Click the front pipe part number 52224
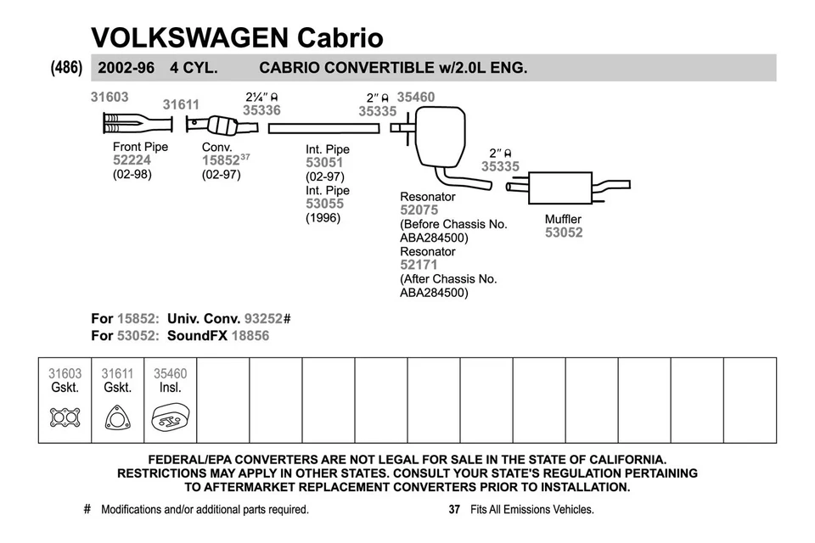tap(132, 160)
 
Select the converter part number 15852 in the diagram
tap(220, 160)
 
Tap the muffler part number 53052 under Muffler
tap(564, 232)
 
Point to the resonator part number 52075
tap(419, 210)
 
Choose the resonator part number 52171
tap(419, 265)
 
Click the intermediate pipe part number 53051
tap(324, 163)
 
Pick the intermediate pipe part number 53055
tap(324, 204)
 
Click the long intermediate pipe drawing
tap(323, 127)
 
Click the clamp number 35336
tap(261, 109)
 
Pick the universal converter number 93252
tap(264, 318)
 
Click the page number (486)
tap(67, 67)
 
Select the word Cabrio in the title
tap(340, 37)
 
